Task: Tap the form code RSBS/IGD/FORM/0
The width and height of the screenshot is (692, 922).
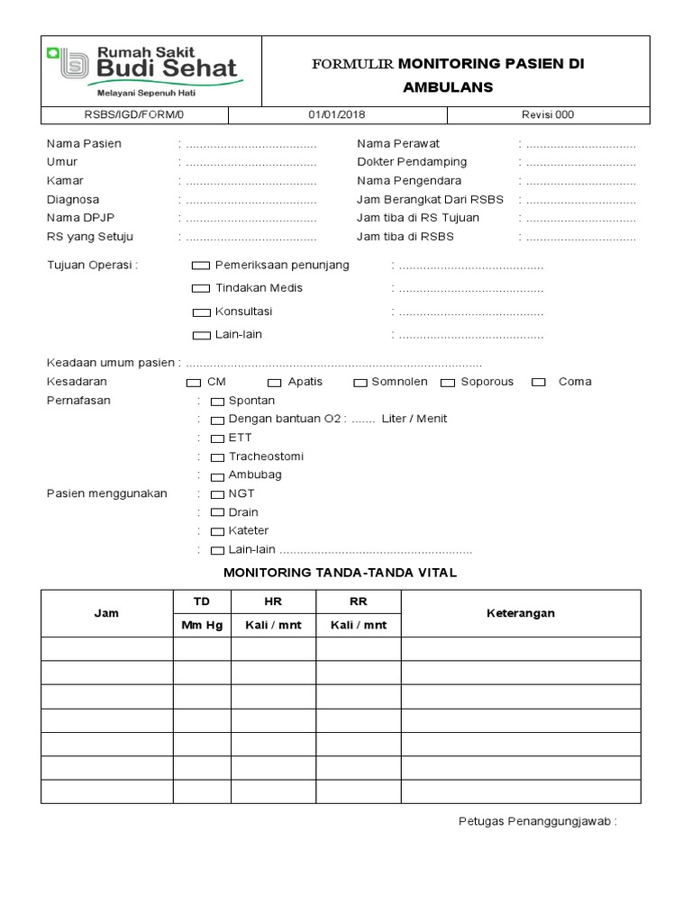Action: point(133,115)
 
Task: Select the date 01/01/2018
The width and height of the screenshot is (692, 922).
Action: point(337,115)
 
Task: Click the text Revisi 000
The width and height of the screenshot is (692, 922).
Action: point(548,115)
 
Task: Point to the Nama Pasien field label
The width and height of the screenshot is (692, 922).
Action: point(84,144)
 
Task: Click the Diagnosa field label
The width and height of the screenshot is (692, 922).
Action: point(73,200)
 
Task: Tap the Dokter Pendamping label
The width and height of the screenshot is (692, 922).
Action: point(412,162)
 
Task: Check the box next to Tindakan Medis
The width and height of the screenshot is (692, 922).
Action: point(200,289)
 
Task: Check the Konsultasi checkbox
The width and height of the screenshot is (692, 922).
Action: point(200,312)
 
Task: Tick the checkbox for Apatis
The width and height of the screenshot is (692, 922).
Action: point(274,383)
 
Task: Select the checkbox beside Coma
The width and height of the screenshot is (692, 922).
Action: point(539,383)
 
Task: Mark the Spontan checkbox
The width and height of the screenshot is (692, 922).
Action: point(217,402)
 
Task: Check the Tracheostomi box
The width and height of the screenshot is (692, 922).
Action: point(217,457)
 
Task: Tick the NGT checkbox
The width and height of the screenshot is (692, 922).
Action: point(217,494)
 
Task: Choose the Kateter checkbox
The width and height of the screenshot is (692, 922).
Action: point(217,532)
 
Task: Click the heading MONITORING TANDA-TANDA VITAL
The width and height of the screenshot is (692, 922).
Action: point(340,573)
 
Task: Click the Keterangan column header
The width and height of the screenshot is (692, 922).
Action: point(521,613)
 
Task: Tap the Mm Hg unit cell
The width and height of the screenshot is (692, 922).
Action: point(202,625)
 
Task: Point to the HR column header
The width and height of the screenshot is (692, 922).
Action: point(273,601)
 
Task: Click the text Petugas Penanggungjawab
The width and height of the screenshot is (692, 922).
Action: point(537,822)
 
